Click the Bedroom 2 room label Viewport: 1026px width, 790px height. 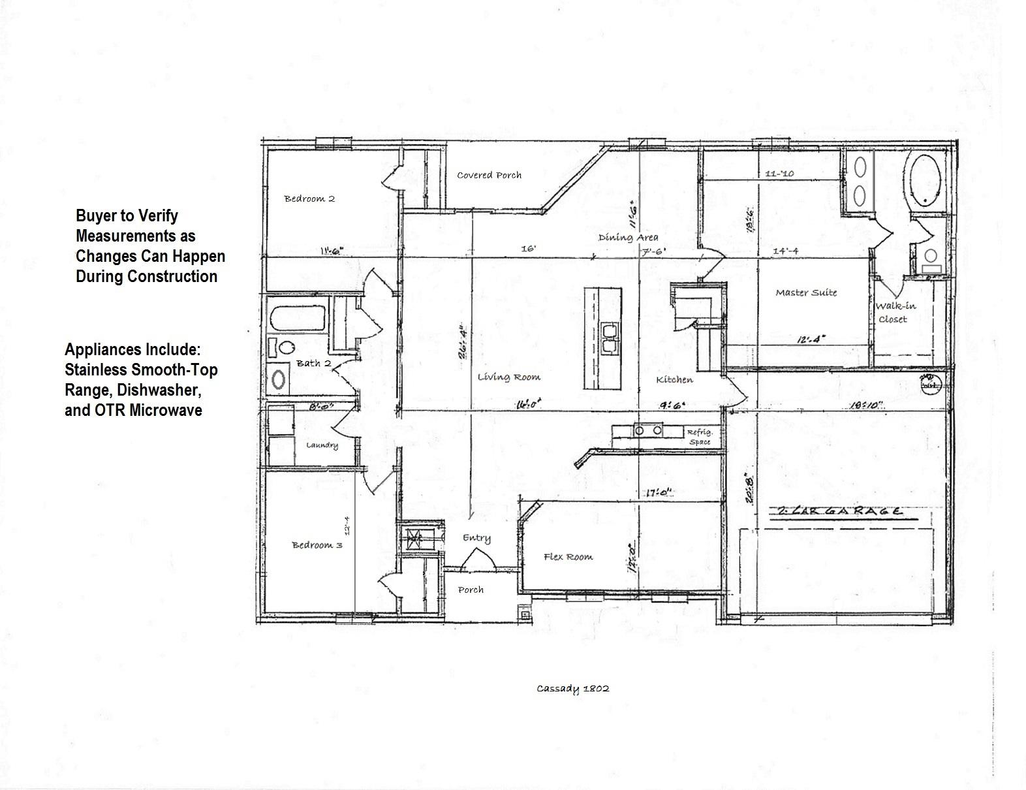point(309,198)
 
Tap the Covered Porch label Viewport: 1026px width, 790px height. point(489,175)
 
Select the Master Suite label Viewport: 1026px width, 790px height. point(806,292)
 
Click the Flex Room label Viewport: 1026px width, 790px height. point(568,557)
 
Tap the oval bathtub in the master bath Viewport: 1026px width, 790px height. point(925,180)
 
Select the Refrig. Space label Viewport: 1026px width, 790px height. point(699,437)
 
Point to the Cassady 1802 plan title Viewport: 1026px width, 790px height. point(573,688)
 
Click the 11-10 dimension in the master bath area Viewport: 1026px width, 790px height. point(779,174)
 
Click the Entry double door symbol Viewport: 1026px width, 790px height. point(477,560)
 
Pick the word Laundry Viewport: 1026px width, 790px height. point(322,445)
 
